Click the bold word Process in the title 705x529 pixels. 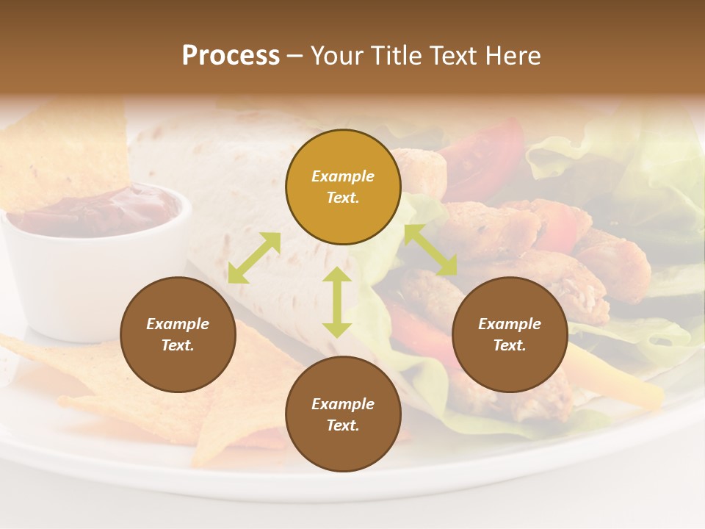(231, 56)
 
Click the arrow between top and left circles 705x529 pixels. (254, 258)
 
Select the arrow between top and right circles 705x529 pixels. (430, 250)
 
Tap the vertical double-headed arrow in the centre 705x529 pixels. (337, 302)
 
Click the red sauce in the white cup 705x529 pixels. (103, 209)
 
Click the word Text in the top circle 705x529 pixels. (342, 198)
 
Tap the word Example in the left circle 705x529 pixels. (178, 324)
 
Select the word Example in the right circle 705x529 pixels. (510, 324)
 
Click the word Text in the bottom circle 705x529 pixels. (342, 425)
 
